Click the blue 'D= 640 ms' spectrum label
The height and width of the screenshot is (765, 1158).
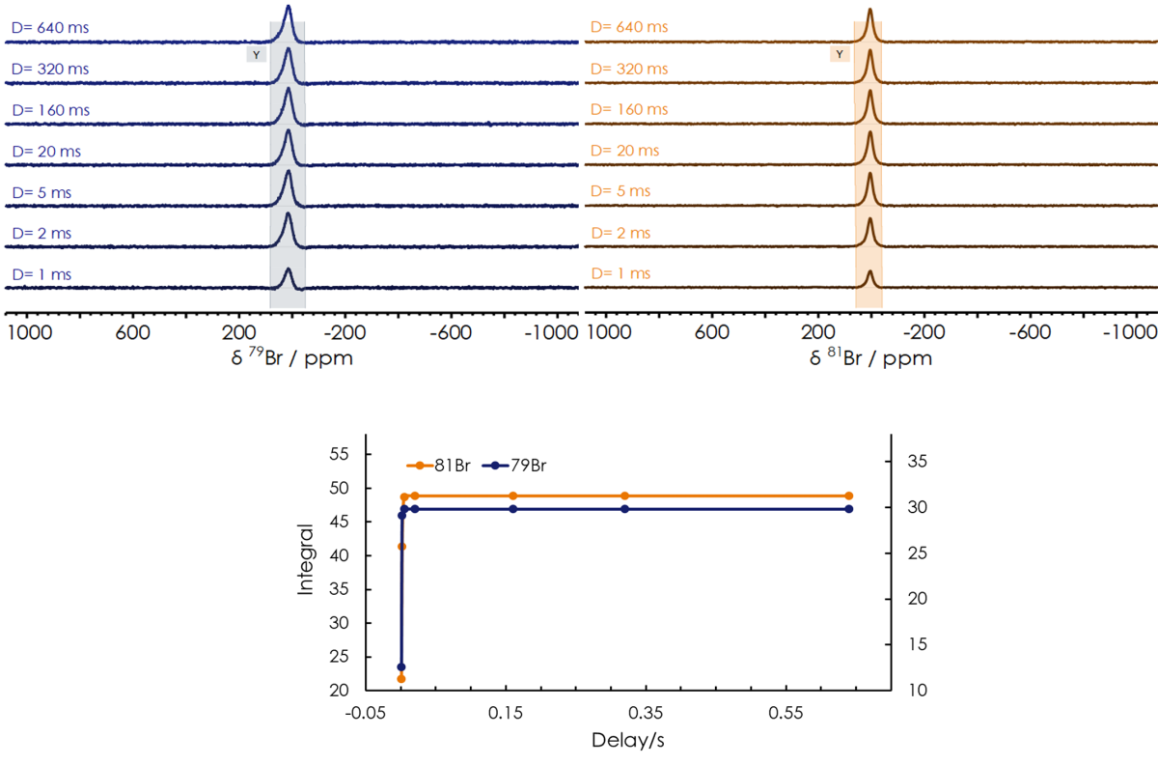point(49,28)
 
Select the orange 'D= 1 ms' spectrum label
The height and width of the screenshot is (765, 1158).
point(620,274)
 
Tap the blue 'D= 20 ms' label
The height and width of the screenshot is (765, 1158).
point(46,152)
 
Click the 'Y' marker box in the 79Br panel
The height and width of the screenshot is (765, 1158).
point(256,55)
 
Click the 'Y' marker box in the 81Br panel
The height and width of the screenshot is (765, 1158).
point(840,54)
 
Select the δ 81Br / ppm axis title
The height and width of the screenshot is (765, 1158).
point(869,357)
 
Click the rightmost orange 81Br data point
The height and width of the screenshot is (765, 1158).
point(849,496)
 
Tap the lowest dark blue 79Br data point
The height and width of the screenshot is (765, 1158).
point(401,666)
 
